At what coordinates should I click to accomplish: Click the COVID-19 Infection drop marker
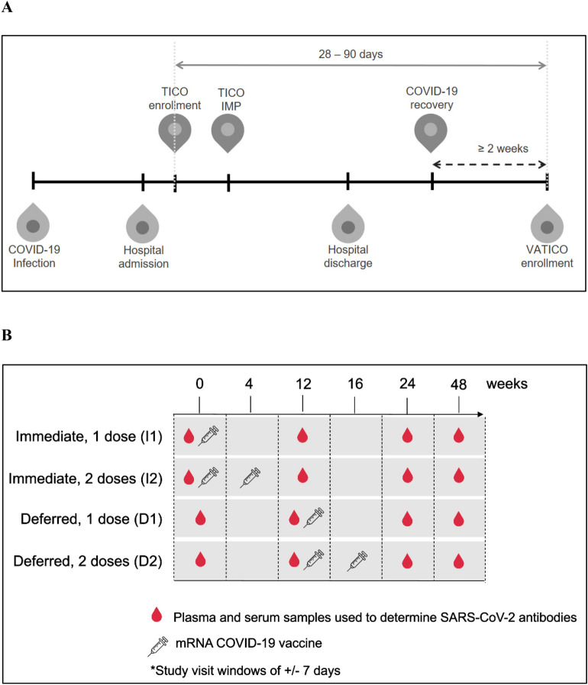point(33,223)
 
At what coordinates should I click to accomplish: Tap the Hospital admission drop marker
point(143,223)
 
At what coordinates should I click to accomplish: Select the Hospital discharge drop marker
point(347,223)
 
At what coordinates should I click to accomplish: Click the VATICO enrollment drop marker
point(547,223)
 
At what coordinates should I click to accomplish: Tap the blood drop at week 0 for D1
point(200,518)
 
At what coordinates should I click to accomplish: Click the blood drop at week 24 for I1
point(406,437)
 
